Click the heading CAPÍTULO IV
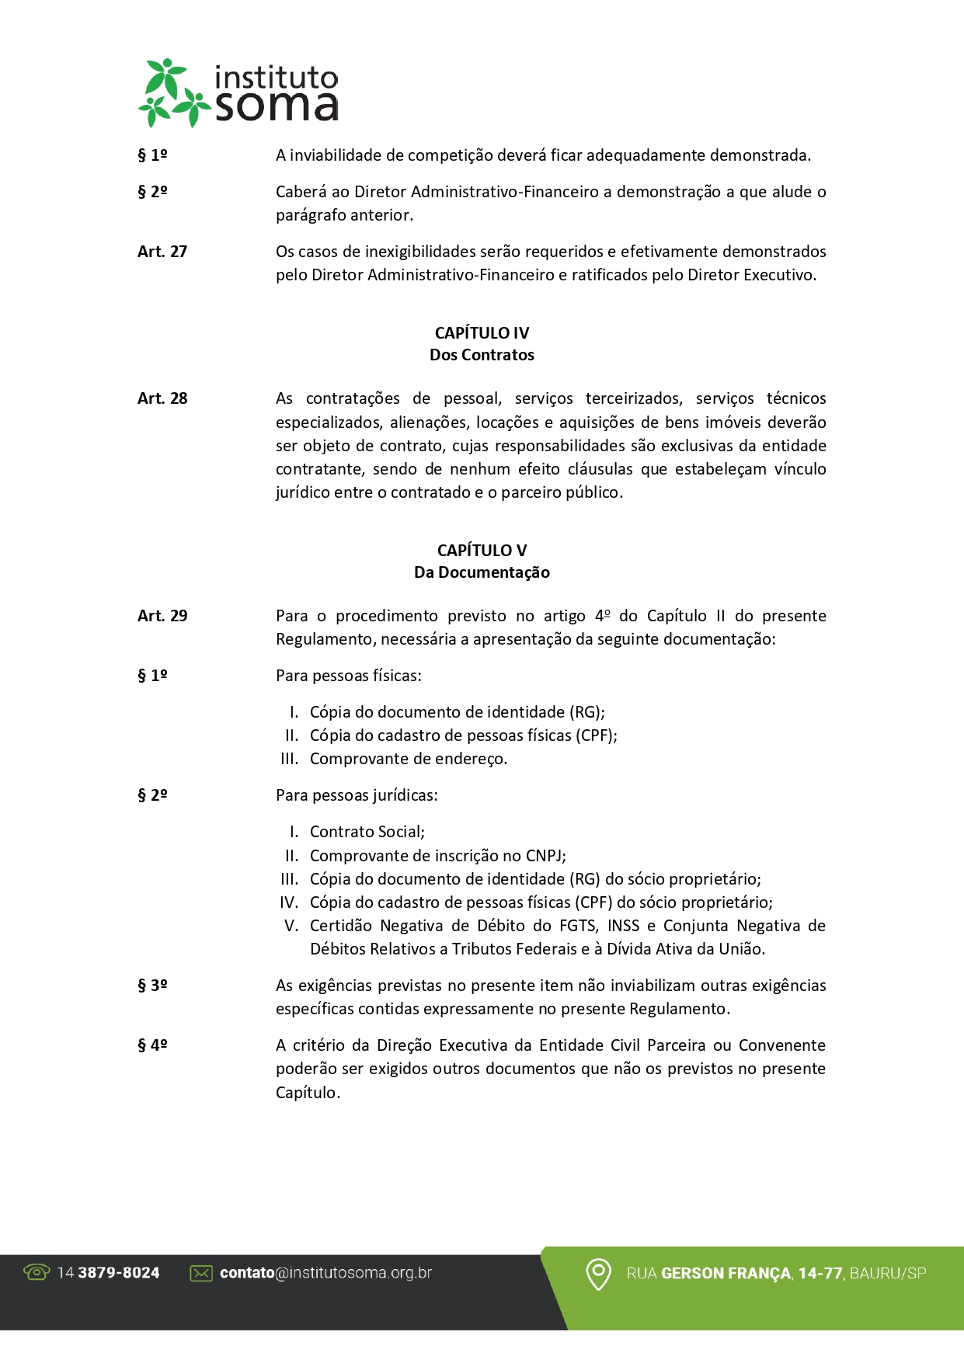(x=482, y=333)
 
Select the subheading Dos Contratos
(x=482, y=355)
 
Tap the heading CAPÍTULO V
(x=482, y=551)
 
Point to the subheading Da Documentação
(x=482, y=572)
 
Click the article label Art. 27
(x=162, y=252)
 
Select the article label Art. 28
(x=162, y=398)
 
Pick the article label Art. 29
(x=162, y=616)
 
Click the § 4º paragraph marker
(x=152, y=1045)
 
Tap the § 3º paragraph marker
(x=152, y=986)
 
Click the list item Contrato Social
(x=367, y=832)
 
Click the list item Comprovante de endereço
(x=409, y=759)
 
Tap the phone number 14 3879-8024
(x=108, y=1273)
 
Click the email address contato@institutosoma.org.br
(x=325, y=1273)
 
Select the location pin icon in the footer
(x=598, y=1274)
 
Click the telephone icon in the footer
(x=37, y=1272)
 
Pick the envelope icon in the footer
(x=201, y=1273)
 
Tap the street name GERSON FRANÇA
(x=726, y=1274)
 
